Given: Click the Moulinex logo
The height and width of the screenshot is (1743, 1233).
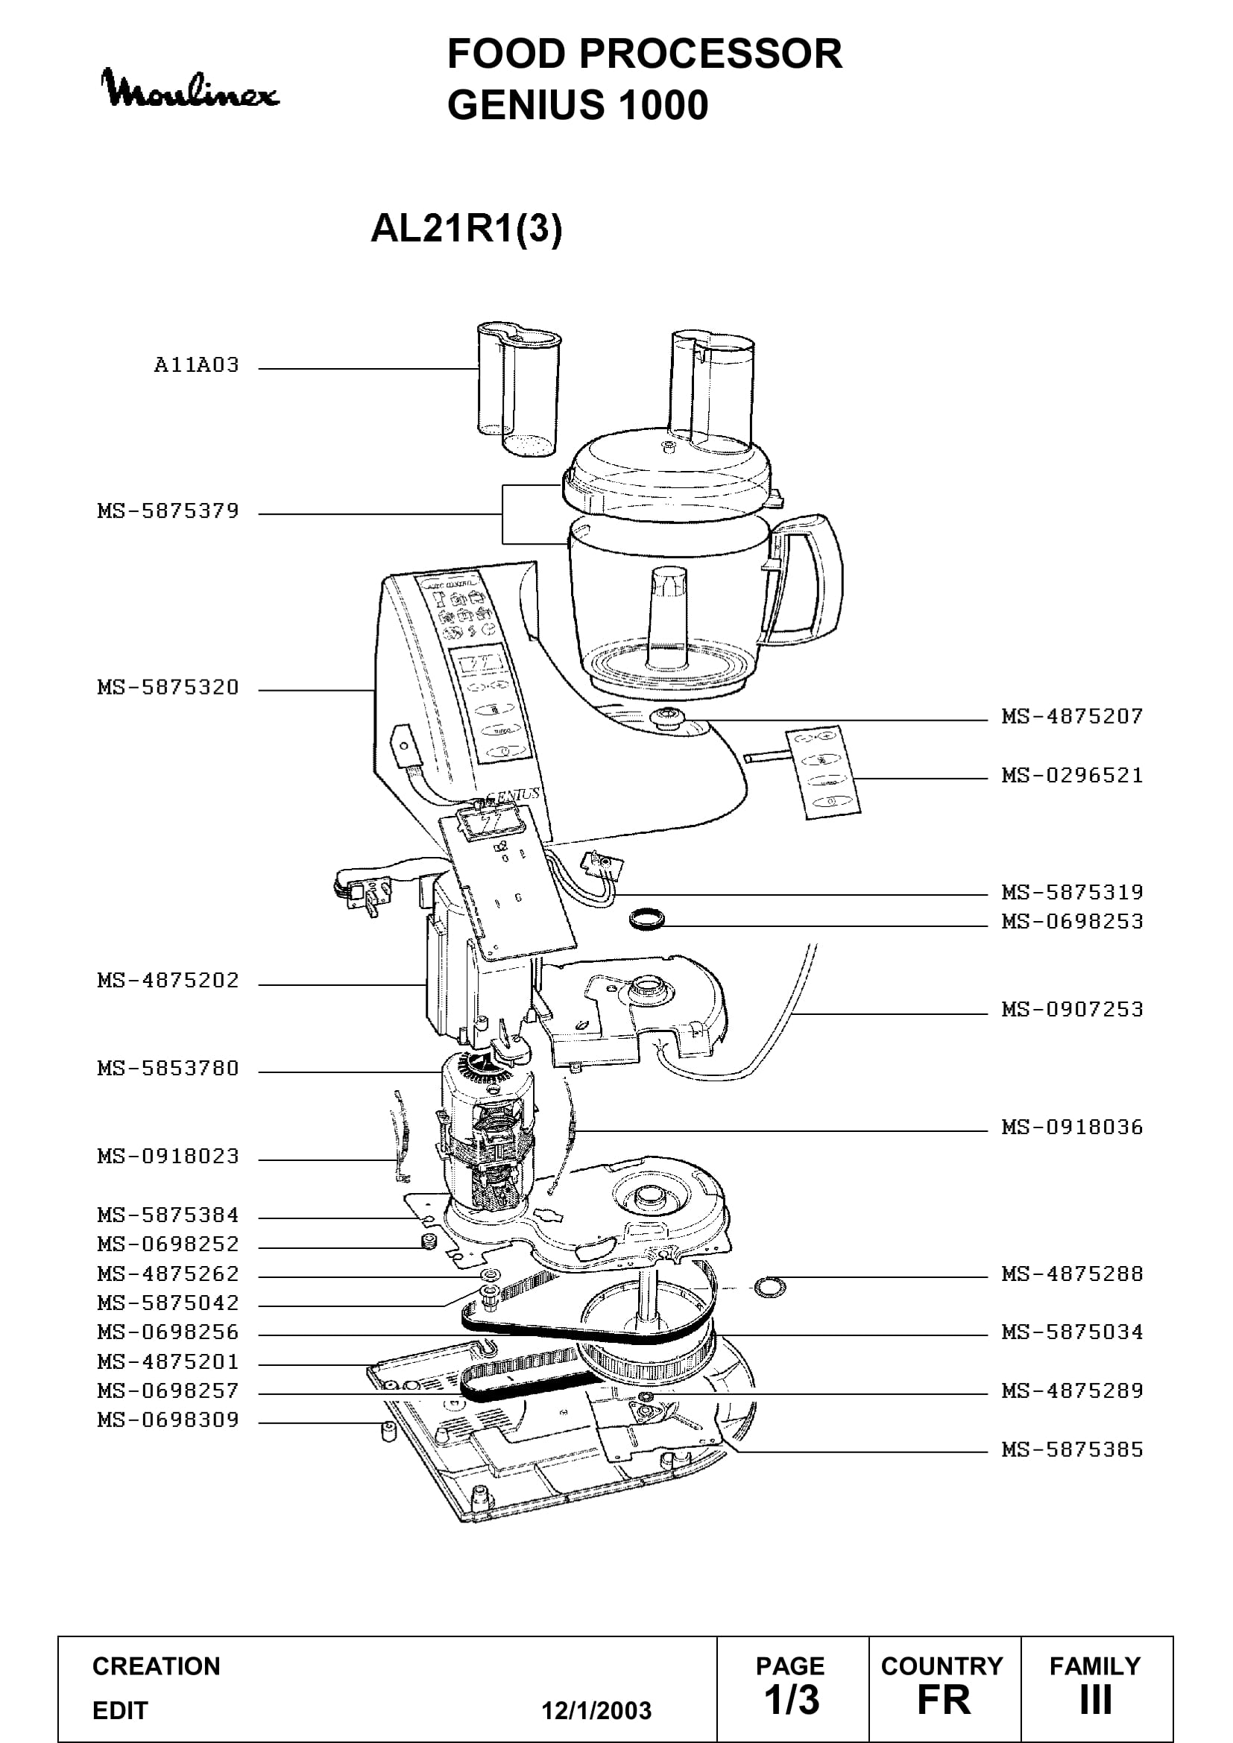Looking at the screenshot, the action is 190,89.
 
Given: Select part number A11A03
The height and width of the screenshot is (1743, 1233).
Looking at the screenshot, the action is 197,365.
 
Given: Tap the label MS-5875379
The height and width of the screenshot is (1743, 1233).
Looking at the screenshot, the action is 168,511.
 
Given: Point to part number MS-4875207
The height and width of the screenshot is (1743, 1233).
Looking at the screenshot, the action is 1072,716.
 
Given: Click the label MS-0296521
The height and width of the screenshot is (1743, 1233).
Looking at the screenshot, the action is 1072,775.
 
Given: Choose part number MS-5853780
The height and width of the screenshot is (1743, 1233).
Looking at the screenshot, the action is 168,1068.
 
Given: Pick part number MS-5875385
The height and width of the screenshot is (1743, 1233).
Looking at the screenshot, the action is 1072,1449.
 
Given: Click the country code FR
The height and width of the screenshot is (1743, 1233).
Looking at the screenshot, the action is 944,1700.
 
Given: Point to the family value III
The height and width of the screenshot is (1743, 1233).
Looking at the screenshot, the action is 1096,1700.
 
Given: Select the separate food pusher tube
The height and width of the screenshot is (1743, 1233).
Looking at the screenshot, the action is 518,390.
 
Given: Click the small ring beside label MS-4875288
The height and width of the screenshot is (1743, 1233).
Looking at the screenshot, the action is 769,1286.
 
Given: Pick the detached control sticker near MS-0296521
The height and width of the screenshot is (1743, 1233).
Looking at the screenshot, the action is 824,771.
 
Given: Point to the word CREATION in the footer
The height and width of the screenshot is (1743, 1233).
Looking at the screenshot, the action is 157,1666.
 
